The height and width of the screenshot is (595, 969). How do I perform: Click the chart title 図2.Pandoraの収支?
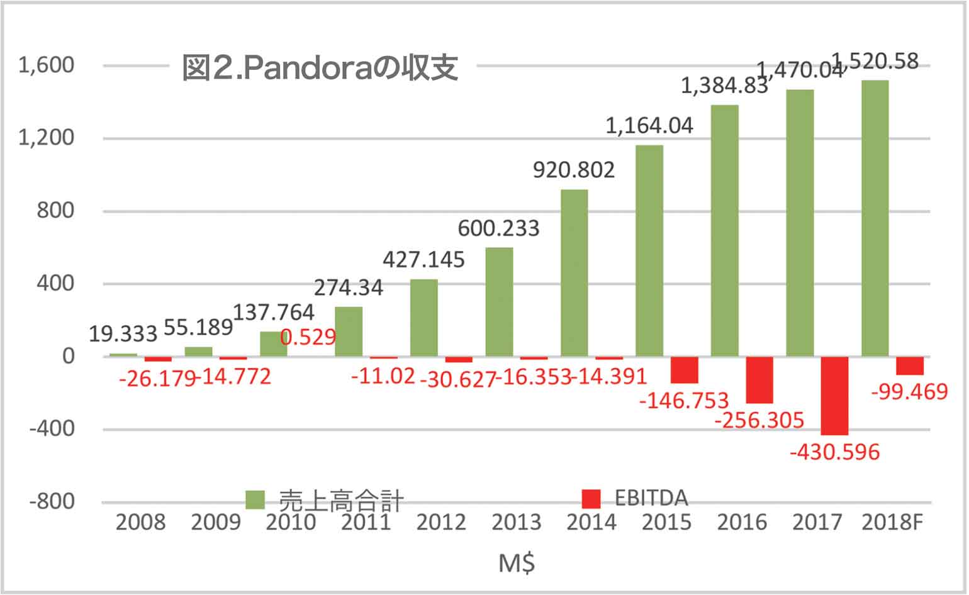tap(320, 68)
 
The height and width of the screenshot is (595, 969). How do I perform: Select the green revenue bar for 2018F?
tap(875, 218)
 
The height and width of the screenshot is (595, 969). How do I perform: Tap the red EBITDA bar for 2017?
tap(834, 396)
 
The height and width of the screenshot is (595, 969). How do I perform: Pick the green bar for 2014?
tap(574, 273)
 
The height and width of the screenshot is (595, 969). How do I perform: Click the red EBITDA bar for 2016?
tap(759, 380)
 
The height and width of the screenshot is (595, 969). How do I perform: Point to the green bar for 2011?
tap(349, 331)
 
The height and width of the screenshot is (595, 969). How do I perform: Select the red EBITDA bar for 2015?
tap(684, 370)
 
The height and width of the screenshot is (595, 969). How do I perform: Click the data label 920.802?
tap(574, 170)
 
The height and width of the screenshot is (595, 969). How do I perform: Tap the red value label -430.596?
tap(834, 452)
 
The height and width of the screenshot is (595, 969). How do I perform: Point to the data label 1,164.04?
tap(649, 126)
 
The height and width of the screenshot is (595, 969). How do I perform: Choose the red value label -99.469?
tap(909, 392)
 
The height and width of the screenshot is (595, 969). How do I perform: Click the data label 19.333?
tap(123, 334)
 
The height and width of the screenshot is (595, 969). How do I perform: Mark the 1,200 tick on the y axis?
tap(46, 138)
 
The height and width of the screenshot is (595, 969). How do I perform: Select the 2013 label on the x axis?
tap(516, 522)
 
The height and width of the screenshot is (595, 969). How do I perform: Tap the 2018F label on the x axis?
tap(891, 522)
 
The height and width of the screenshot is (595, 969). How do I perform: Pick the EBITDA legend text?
tap(651, 499)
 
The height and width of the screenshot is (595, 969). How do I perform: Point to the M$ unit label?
tap(517, 564)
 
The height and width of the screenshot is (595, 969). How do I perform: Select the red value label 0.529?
tap(308, 337)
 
